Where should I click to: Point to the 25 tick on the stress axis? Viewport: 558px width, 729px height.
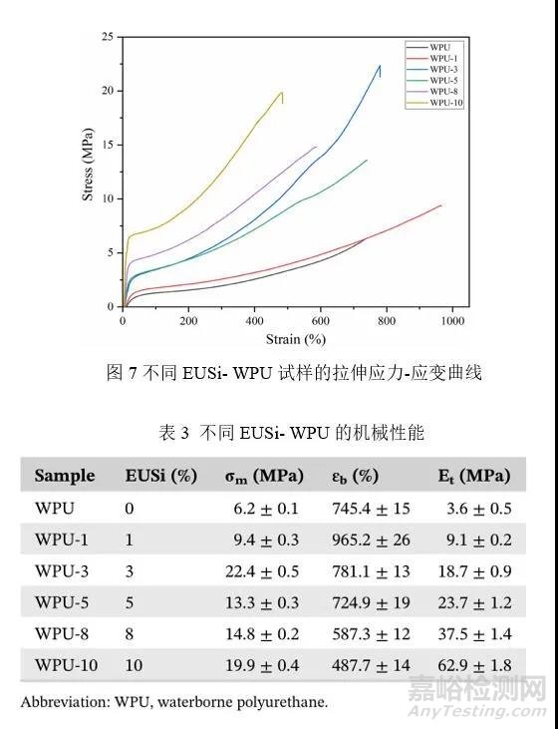tap(107, 37)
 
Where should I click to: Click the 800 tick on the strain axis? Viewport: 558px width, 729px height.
tap(387, 321)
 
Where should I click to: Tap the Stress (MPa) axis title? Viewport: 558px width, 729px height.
tap(88, 172)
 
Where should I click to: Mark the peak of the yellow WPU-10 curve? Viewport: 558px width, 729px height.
tap(282, 93)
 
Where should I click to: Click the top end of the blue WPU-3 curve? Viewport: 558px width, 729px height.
tap(380, 66)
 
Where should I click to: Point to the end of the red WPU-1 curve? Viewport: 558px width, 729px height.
tap(441, 205)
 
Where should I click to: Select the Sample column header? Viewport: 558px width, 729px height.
tap(65, 475)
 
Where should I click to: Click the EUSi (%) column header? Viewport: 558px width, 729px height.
tap(160, 475)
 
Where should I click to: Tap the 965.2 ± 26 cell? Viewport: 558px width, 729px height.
tap(368, 539)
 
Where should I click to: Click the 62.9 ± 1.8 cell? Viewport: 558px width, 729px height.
tap(475, 664)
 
